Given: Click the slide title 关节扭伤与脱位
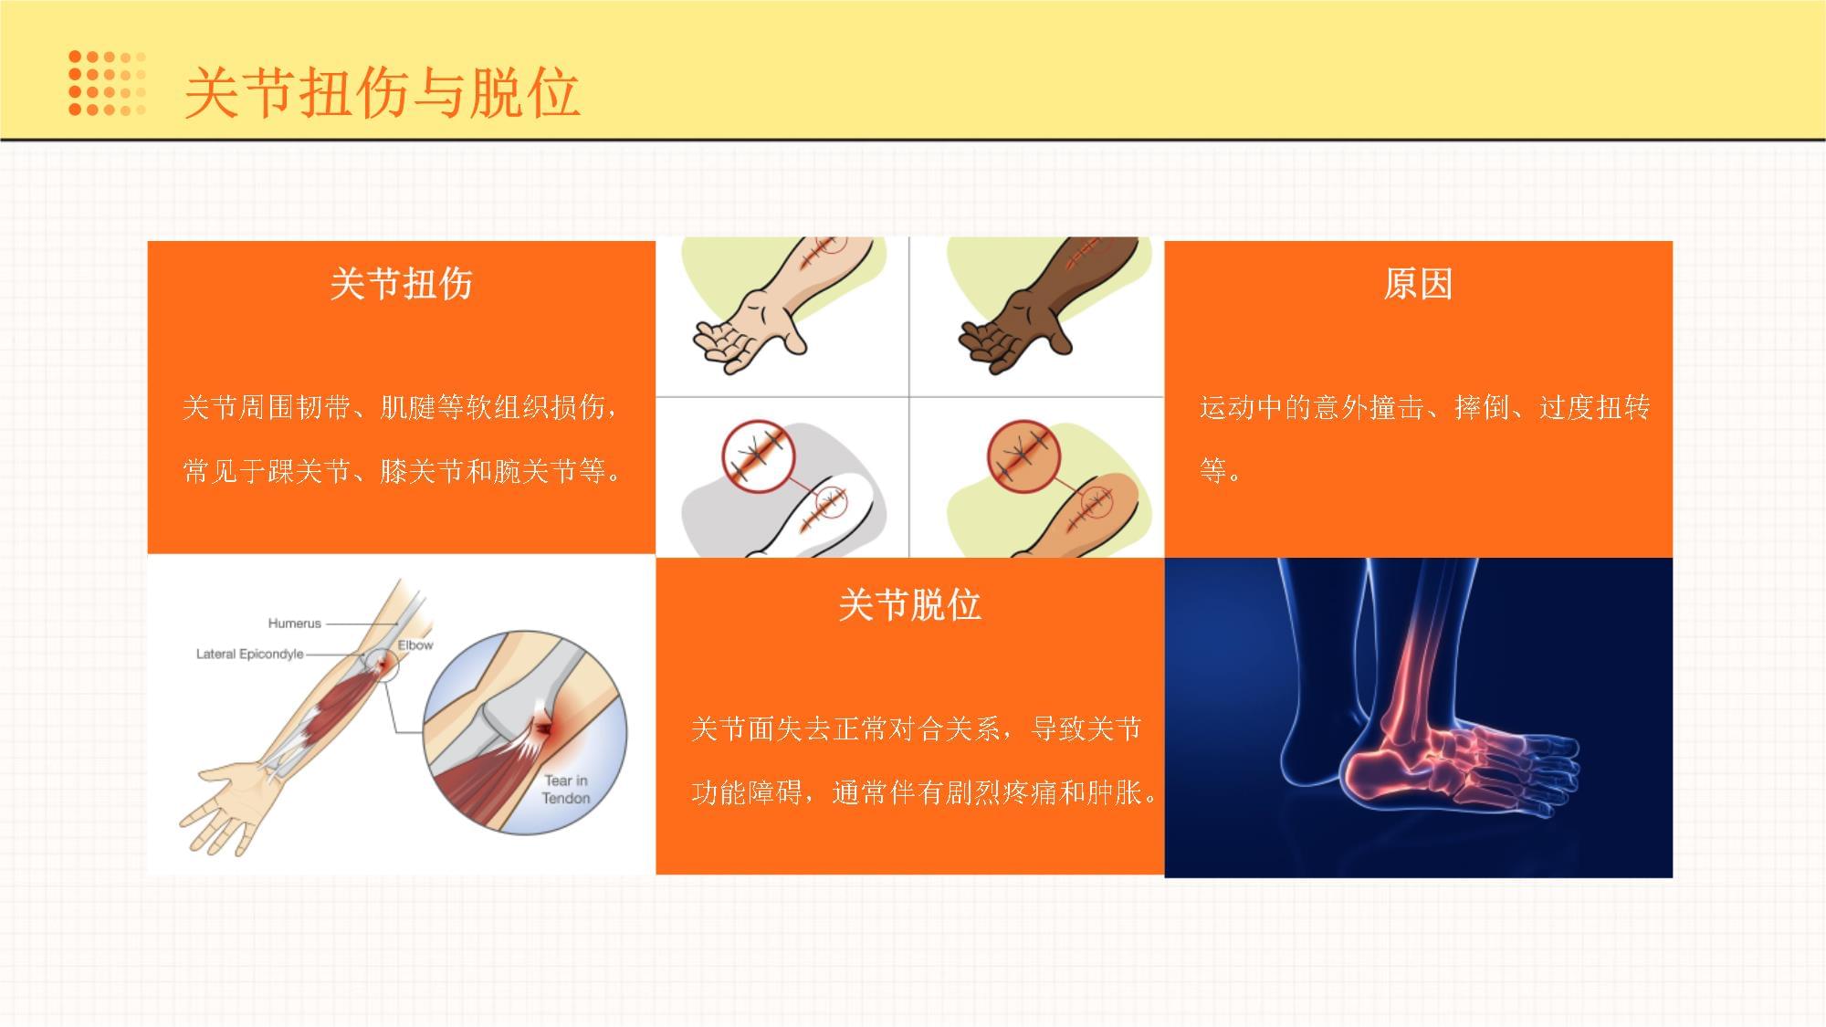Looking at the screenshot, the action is point(383,93).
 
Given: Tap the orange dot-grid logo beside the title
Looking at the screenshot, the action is point(108,83).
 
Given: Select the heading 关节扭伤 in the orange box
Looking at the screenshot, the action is point(402,284).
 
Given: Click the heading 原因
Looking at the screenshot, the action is point(1418,284).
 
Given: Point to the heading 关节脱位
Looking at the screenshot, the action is point(910,605).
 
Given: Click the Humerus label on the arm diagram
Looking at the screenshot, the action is point(294,624).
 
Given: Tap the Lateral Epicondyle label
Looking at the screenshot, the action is point(249,654).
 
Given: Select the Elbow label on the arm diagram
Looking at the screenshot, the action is point(415,644).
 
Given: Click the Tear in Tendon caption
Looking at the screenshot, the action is point(566,790).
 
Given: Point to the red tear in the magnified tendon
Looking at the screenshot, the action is point(544,728).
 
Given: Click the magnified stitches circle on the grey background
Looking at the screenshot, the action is point(759,456).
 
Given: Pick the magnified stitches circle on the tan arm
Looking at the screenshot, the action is point(1024,456).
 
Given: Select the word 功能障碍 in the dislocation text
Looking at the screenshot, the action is point(747,792).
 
